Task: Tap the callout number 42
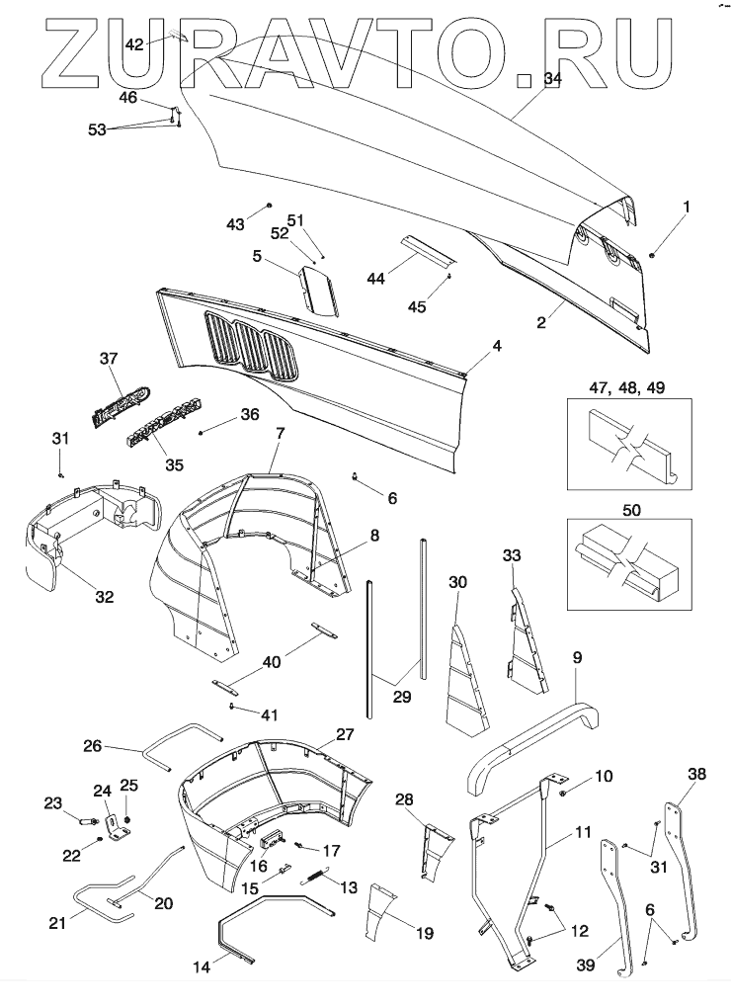[134, 43]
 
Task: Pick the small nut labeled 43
[267, 206]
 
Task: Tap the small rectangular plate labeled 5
[319, 293]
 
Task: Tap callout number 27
[344, 734]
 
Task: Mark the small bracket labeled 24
[118, 826]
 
